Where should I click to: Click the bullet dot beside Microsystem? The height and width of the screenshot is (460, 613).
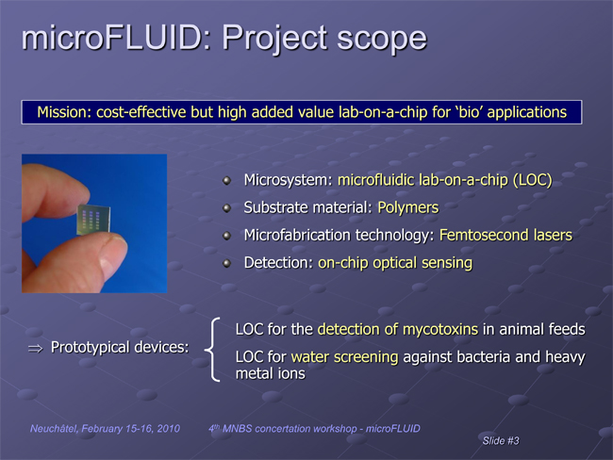click(x=226, y=181)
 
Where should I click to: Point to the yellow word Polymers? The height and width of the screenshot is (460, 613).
click(x=407, y=207)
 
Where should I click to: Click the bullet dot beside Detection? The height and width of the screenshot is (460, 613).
click(x=226, y=263)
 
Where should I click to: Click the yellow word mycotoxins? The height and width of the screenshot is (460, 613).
click(x=440, y=330)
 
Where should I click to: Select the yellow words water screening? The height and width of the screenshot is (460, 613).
click(x=344, y=357)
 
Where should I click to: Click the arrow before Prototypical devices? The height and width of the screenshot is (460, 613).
click(x=35, y=349)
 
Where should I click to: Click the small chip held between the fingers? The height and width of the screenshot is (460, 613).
click(x=93, y=220)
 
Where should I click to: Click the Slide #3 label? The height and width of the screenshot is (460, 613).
click(x=501, y=441)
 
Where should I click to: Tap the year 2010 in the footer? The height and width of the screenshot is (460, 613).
click(x=169, y=429)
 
